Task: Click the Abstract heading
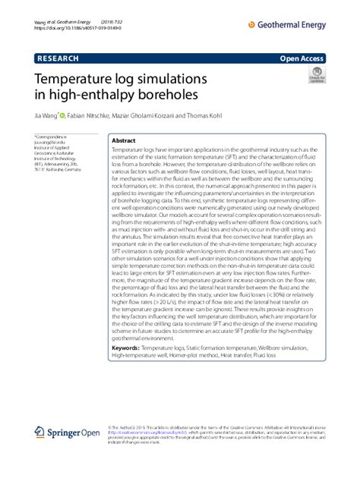[x=124, y=141]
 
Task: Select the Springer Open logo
[x=67, y=433]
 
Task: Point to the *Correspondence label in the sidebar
[x=52, y=137]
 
